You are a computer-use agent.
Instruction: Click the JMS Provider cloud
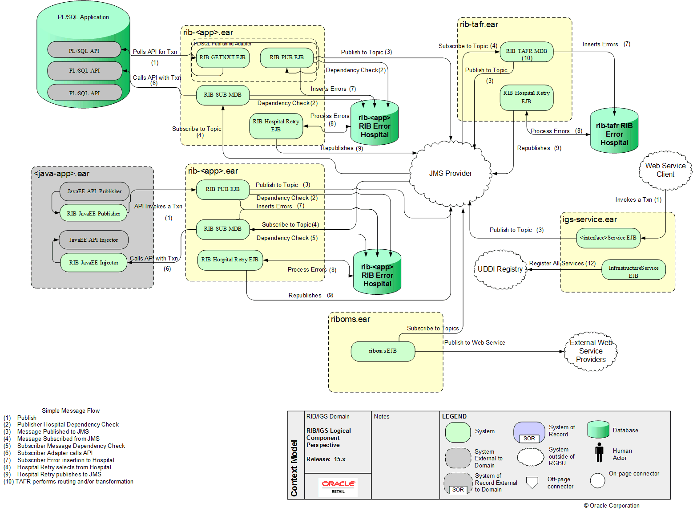(450, 174)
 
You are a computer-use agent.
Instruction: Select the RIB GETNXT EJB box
(222, 57)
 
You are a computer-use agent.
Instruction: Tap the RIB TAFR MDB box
(526, 52)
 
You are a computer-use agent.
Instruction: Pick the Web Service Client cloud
(665, 170)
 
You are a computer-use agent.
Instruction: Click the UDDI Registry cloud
(500, 269)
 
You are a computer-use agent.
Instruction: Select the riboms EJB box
(383, 351)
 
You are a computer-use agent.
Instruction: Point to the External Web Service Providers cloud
(591, 351)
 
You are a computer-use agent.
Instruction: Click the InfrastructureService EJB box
(633, 270)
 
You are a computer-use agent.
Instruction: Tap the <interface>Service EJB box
(608, 238)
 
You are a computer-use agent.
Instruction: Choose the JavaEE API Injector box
(94, 240)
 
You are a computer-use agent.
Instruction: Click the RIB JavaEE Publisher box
(93, 214)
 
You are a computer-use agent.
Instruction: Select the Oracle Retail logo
(338, 486)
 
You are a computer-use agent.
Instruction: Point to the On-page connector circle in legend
(597, 480)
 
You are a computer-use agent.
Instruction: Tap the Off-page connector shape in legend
(532, 483)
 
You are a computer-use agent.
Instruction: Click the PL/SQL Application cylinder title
(83, 17)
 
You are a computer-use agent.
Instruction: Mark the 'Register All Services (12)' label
(562, 264)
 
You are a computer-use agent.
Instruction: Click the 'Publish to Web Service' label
(475, 343)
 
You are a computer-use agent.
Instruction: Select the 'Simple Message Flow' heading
(71, 411)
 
